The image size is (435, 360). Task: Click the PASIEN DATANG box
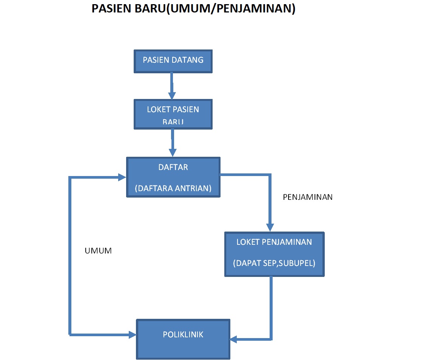pos(173,60)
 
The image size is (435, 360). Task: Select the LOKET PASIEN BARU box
pos(173,114)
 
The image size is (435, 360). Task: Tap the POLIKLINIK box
pos(183,339)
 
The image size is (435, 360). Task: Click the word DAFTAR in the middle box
pos(173,167)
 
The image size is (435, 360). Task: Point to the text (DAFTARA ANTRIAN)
pos(173,188)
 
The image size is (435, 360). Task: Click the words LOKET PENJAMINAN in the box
pos(274,242)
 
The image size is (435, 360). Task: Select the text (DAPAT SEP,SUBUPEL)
pos(274,263)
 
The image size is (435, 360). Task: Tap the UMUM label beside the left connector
pos(99,251)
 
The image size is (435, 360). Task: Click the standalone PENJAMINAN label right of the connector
pos(308,197)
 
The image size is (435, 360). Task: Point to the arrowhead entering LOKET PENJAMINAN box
pos(270,227)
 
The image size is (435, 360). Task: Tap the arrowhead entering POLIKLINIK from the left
pos(132,334)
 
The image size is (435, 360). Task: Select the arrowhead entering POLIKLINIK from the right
pos(234,339)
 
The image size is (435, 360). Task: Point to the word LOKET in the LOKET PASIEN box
pos(159,110)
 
